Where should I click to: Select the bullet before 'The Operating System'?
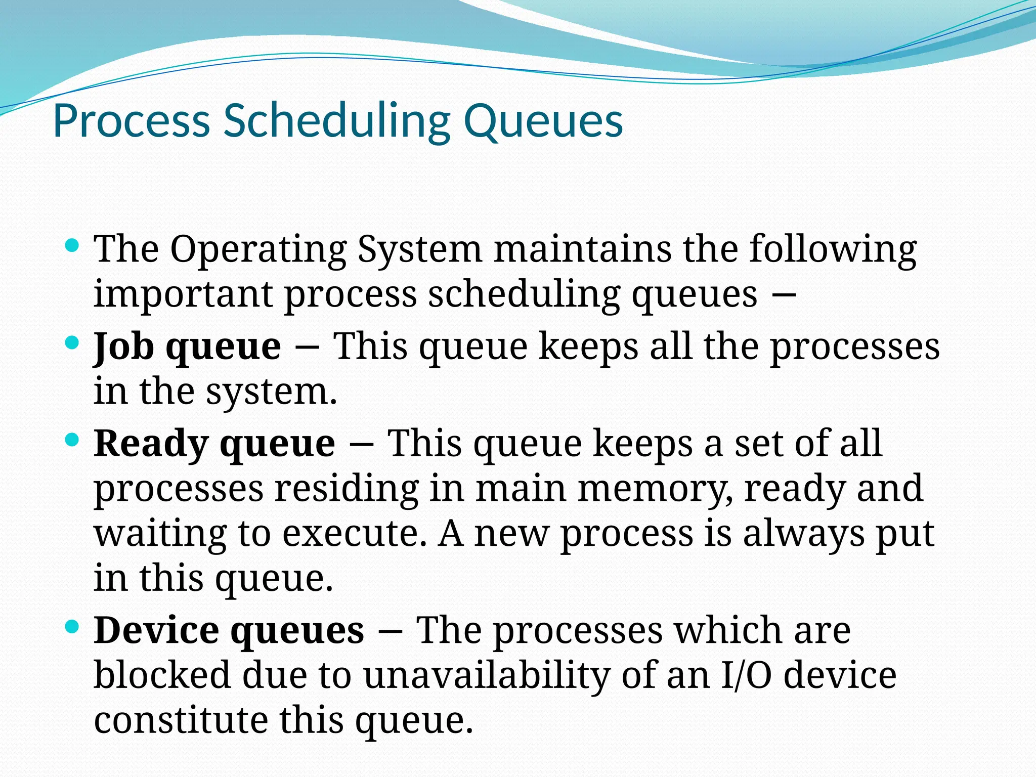tap(72, 246)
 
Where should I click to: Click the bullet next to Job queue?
tap(72, 343)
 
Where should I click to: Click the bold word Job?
tap(123, 347)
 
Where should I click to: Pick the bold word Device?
tap(156, 630)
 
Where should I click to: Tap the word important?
tap(183, 295)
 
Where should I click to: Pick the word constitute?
tap(181, 720)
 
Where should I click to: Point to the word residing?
tap(347, 489)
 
